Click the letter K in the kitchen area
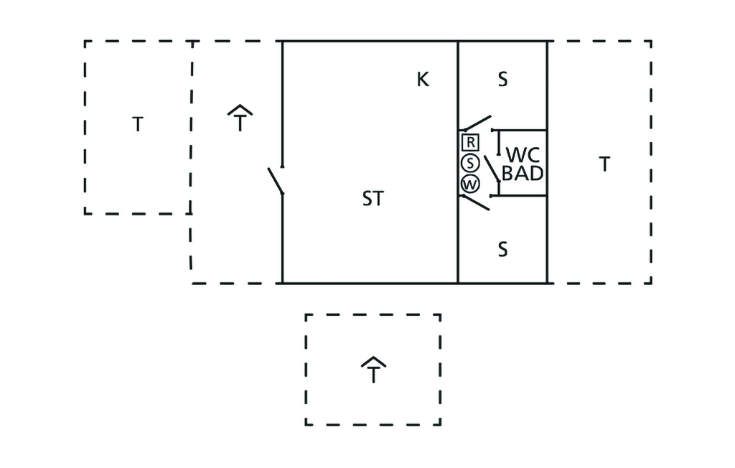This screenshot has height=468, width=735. tap(423, 79)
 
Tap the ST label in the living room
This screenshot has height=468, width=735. tap(373, 199)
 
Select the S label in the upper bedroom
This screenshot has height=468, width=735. tap(502, 79)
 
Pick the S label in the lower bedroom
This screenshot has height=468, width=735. tap(502, 249)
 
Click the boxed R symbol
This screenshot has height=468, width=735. tap(470, 142)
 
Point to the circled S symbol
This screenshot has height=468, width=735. tap(470, 163)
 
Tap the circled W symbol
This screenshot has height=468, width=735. tap(470, 184)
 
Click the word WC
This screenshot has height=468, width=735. tap(523, 155)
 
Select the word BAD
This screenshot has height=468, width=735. tap(523, 174)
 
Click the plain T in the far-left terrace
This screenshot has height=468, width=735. tap(137, 124)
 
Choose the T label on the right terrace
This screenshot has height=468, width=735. tap(604, 164)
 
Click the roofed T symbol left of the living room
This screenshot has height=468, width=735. tap(240, 118)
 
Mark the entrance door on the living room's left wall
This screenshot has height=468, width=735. tap(275, 181)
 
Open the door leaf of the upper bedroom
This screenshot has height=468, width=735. tap(477, 123)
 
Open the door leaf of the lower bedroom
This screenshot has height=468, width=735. tap(477, 202)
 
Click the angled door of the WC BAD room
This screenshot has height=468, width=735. tap(492, 169)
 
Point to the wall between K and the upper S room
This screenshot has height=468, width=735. tap(457, 85)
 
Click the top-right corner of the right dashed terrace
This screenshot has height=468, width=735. tap(651, 41)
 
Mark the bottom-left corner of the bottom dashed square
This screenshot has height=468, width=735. tap(306, 425)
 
